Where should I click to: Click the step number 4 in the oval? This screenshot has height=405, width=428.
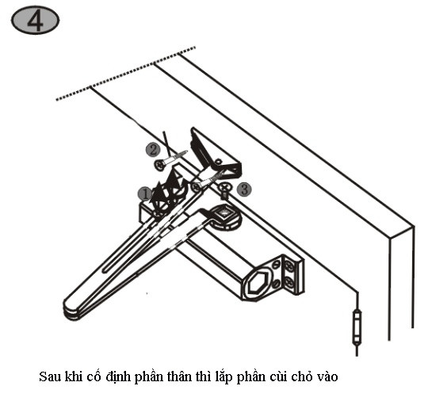(35, 21)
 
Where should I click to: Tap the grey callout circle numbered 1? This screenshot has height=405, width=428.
(145, 194)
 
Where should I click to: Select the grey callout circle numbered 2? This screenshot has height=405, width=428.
(153, 150)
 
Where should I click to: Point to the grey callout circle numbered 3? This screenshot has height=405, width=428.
(244, 189)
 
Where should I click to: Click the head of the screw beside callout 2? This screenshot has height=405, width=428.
(160, 165)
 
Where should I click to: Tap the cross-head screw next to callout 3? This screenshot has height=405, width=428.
(224, 187)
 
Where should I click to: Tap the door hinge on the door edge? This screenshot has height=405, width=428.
(357, 326)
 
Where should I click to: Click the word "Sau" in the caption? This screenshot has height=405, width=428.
(49, 377)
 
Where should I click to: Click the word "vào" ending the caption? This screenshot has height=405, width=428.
(327, 377)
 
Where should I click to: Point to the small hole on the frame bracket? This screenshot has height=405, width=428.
(219, 162)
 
